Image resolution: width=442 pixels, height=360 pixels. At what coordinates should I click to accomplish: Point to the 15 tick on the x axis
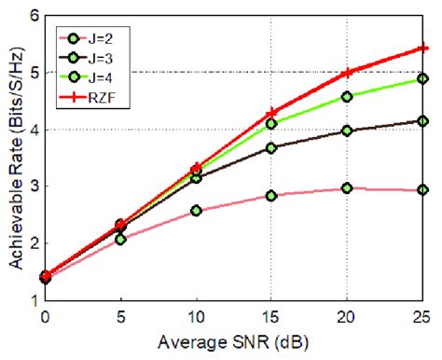tap(271, 315)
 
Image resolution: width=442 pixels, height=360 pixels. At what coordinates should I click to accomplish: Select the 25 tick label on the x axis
tap(422, 315)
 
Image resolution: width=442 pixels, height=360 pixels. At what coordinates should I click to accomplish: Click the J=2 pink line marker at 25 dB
tap(422, 189)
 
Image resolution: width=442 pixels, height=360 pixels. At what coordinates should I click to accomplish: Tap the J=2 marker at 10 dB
tap(196, 211)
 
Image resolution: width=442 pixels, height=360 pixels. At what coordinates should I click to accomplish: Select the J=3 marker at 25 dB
tap(422, 120)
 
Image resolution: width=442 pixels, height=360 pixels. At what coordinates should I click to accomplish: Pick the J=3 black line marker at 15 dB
tap(271, 147)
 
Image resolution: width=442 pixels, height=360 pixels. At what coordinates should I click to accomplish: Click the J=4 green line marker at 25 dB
tap(422, 79)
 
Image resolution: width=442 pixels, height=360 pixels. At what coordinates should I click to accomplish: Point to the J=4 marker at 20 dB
tap(347, 96)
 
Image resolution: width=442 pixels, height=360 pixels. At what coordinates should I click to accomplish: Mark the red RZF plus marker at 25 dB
tap(422, 48)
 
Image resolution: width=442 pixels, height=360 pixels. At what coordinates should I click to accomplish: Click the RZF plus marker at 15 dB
tap(271, 113)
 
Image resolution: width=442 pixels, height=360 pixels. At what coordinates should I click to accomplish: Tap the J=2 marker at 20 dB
tap(347, 187)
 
